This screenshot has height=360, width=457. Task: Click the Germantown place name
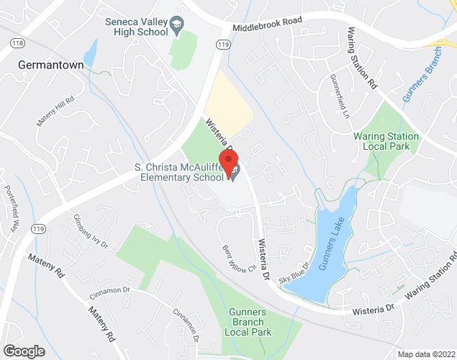coord(50,65)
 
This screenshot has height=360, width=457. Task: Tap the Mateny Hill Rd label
coord(55,112)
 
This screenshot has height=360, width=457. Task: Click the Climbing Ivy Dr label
coord(91,231)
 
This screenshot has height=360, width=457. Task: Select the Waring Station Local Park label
coord(386,141)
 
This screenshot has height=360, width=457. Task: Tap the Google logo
coord(22,351)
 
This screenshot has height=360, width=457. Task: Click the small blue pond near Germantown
coord(90,52)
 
